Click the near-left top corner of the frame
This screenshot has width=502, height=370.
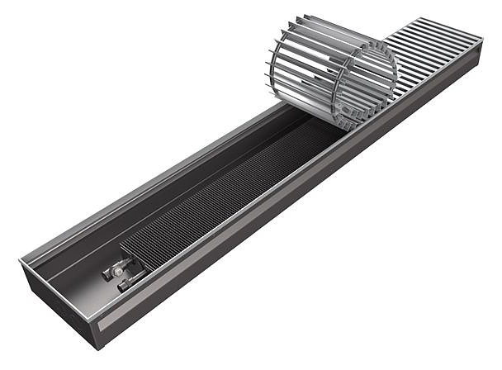(x=21, y=263)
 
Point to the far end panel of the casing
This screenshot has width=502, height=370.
(x=482, y=58)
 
